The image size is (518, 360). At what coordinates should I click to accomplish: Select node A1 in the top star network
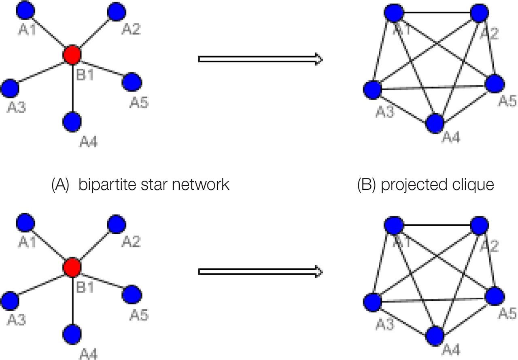[x=25, y=10]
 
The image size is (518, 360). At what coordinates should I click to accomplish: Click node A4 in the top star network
[x=72, y=121]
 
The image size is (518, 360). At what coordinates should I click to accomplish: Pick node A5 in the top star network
[x=132, y=82]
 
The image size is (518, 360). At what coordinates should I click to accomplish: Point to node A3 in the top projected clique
[x=373, y=89]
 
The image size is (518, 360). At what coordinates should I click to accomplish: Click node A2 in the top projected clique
[x=480, y=13]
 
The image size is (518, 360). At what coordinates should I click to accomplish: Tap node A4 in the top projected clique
[x=435, y=123]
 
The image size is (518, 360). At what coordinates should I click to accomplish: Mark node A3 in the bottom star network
[x=10, y=300]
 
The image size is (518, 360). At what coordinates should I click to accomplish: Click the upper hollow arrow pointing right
[x=260, y=59]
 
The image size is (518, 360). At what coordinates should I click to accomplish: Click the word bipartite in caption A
[x=104, y=185]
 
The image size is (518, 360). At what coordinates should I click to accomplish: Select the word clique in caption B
[x=475, y=185]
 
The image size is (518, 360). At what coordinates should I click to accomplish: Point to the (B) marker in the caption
[x=367, y=185]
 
